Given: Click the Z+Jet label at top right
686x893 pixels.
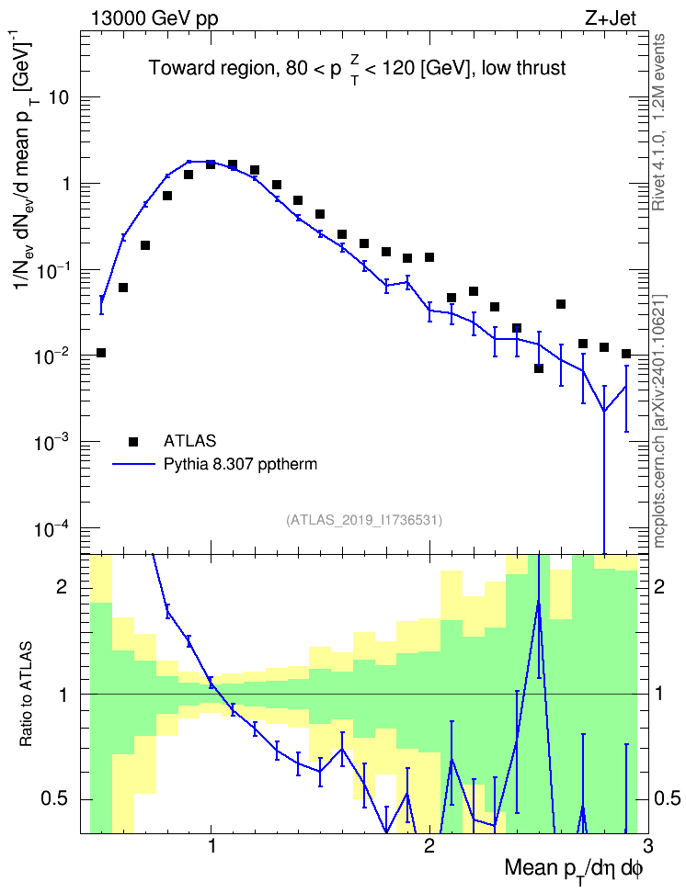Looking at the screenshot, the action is [611, 18].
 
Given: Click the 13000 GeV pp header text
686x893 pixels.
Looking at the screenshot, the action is [154, 18].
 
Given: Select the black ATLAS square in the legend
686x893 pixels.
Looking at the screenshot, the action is [133, 441].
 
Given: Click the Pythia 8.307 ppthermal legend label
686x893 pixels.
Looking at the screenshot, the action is [240, 464].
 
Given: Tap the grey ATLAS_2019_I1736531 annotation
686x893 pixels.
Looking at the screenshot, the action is [363, 519].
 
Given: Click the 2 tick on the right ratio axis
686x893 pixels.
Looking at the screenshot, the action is [659, 586].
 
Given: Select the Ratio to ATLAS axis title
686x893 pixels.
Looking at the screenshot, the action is [26, 695].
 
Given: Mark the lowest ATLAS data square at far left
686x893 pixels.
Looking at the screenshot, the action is [101, 353].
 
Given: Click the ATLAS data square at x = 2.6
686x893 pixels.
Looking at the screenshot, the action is [561, 304].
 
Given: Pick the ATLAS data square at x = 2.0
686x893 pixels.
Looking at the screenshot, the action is [429, 257].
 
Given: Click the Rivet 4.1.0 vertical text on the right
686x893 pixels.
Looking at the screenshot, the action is [659, 122].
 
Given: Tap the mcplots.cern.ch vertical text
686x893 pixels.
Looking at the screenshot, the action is [659, 422].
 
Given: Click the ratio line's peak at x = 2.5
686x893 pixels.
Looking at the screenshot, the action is [539, 600].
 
